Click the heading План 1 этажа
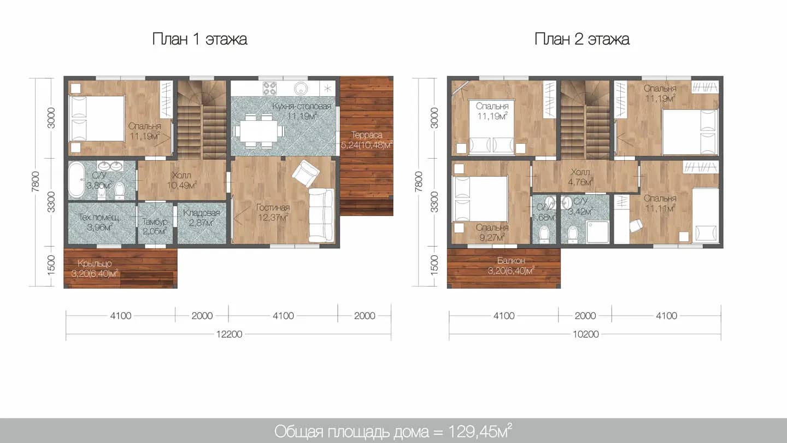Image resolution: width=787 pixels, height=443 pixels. pos(199,39)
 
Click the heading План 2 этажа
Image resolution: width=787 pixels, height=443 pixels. pos(582,39)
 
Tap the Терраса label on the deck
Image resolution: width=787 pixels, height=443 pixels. pos(367,135)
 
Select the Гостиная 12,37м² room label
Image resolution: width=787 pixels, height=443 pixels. pos(273,213)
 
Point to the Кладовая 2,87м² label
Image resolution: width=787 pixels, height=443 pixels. pos(201,218)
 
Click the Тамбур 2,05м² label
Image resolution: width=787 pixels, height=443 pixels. pos(155,227)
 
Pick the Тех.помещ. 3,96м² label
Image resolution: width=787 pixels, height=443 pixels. pos(99,223)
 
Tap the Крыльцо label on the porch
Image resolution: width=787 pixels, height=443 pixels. pos(95,264)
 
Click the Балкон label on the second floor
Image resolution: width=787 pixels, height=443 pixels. pos(511,260)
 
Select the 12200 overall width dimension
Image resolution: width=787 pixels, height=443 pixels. pos(229,334)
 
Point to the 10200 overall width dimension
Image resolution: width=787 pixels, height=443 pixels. pos(586,334)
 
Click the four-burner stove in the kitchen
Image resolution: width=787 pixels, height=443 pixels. pos(270,88)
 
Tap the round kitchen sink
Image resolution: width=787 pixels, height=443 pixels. pos(301,88)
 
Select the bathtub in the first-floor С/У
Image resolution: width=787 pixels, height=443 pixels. pos(76,179)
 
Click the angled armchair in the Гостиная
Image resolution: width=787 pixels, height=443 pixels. pos(306,173)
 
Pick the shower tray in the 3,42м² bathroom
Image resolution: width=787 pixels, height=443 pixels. pos(597,232)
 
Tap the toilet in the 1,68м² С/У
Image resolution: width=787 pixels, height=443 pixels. pos(544,234)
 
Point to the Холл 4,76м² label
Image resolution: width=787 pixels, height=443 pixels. pos(580,177)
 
